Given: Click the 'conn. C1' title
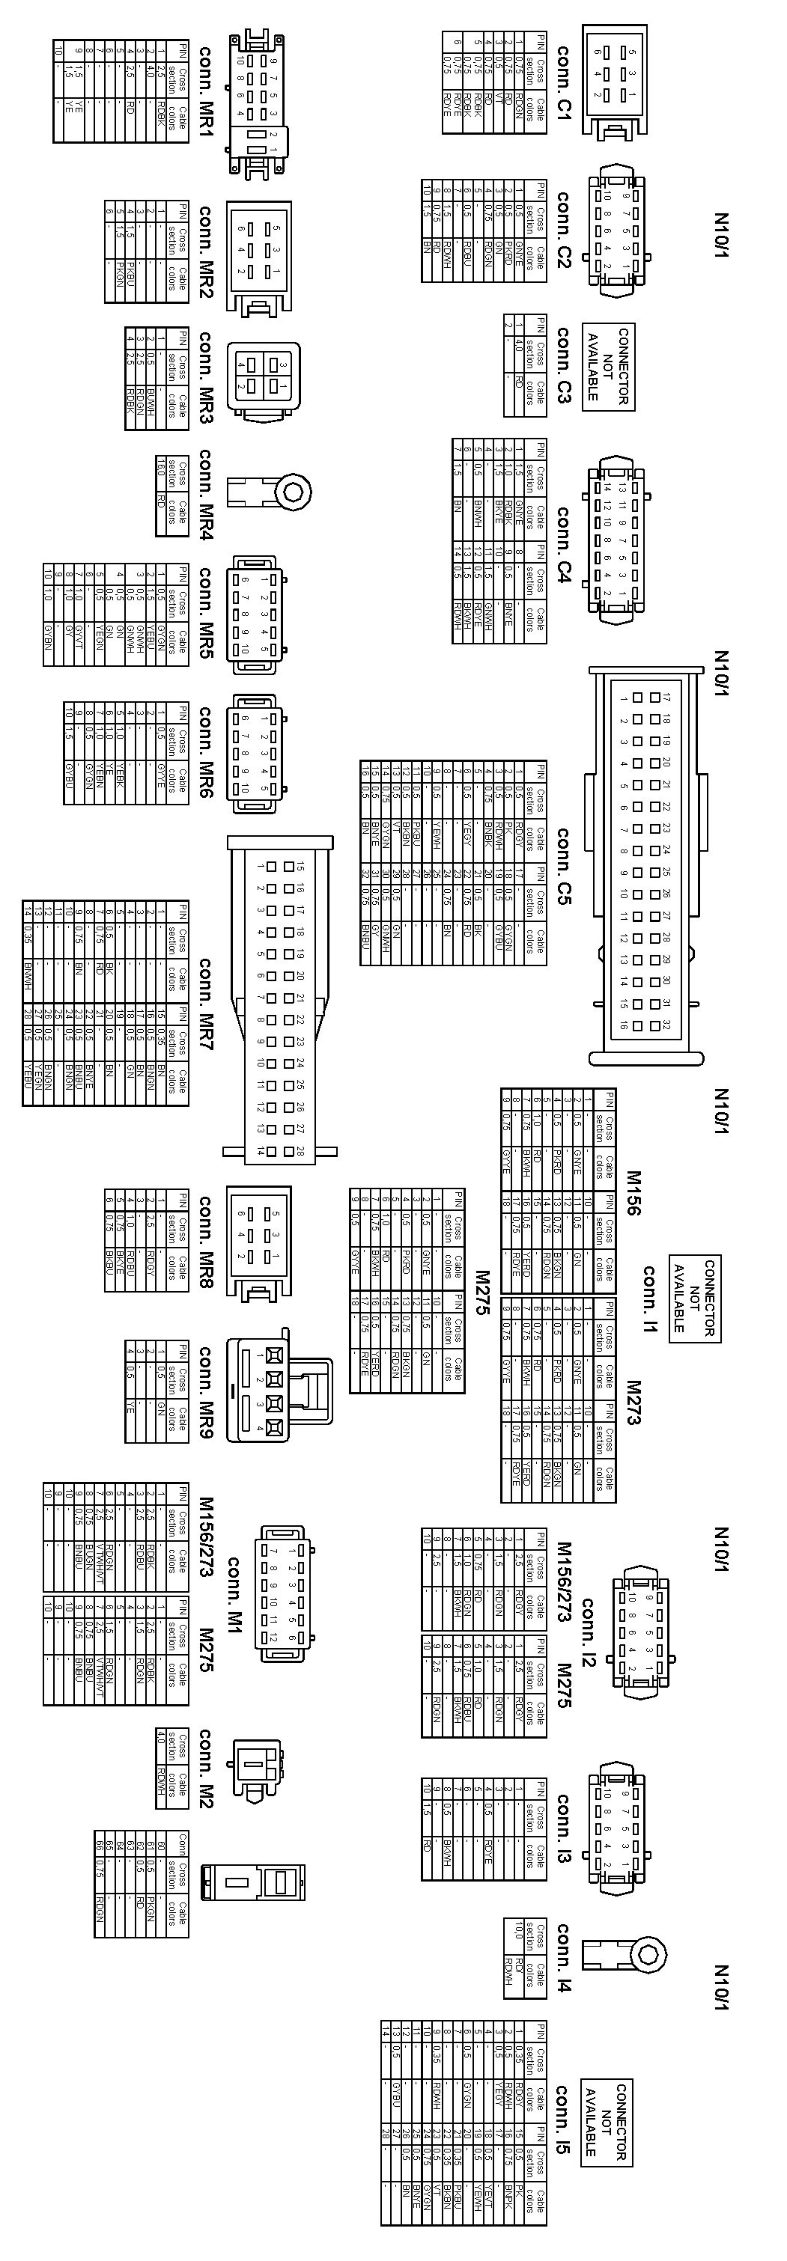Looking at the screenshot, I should pyautogui.click(x=563, y=81).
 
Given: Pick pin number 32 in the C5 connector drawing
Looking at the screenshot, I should pyautogui.click(x=666, y=1025).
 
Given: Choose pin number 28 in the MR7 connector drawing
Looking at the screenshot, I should pyautogui.click(x=300, y=1150).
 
